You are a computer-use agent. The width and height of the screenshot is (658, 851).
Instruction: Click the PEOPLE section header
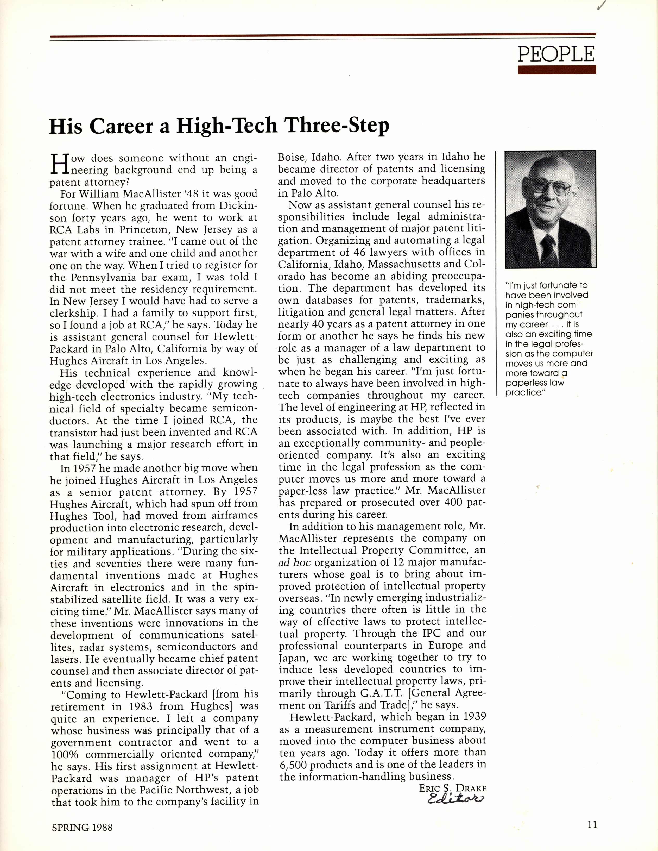556,54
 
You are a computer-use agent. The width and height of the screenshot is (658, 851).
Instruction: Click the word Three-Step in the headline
337,126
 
